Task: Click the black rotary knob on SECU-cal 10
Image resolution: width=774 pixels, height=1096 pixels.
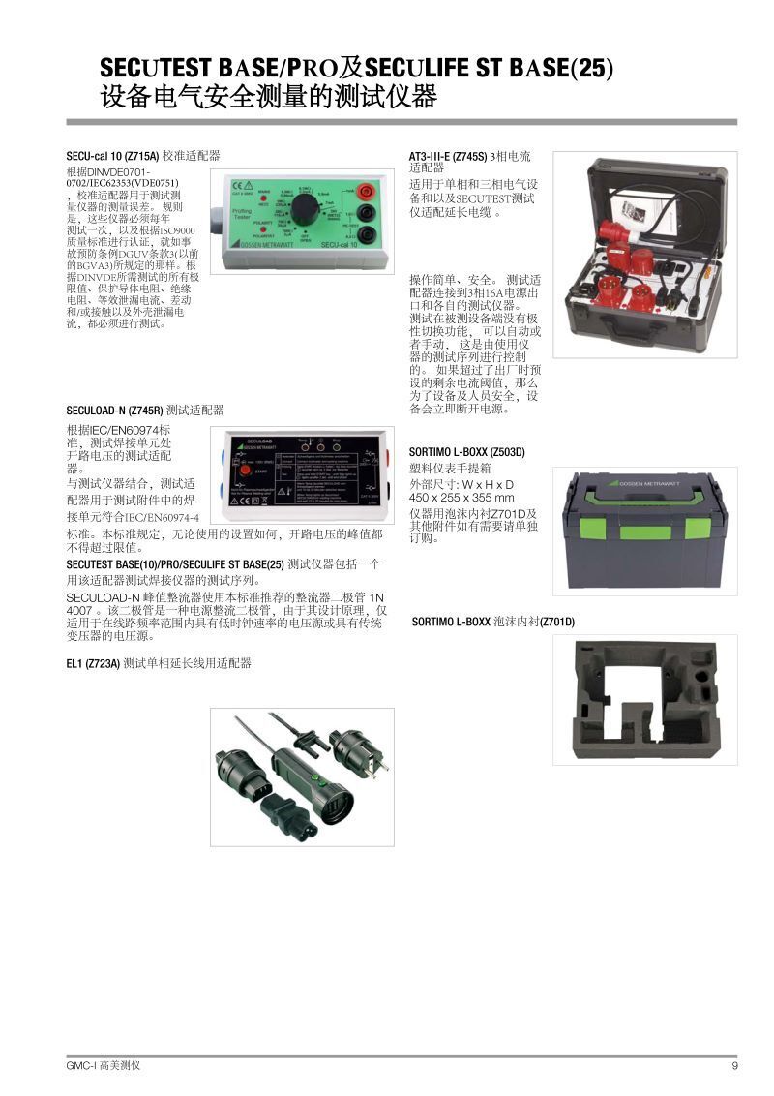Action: [306, 210]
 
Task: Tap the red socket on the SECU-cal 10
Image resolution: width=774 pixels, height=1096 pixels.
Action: [367, 192]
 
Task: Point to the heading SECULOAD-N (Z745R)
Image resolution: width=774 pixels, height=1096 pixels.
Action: [114, 411]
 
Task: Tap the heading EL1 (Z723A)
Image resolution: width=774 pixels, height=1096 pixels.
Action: [93, 663]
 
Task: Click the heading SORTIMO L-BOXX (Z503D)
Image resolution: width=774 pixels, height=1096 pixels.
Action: [466, 452]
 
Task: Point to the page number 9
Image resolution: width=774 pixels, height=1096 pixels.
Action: [734, 1066]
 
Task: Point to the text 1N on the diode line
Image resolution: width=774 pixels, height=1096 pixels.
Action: [377, 597]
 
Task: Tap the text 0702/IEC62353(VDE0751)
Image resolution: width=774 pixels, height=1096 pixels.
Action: [122, 182]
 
